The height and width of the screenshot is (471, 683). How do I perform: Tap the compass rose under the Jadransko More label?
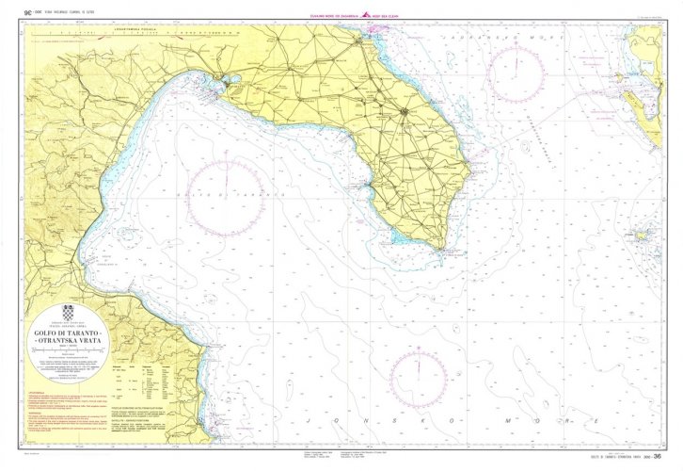tap(516, 74)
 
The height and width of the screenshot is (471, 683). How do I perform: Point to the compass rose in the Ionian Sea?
tap(418, 378)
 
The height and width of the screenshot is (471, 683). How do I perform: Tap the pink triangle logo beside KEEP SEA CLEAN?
tap(370, 15)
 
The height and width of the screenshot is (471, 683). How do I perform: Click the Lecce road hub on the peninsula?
tap(405, 113)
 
